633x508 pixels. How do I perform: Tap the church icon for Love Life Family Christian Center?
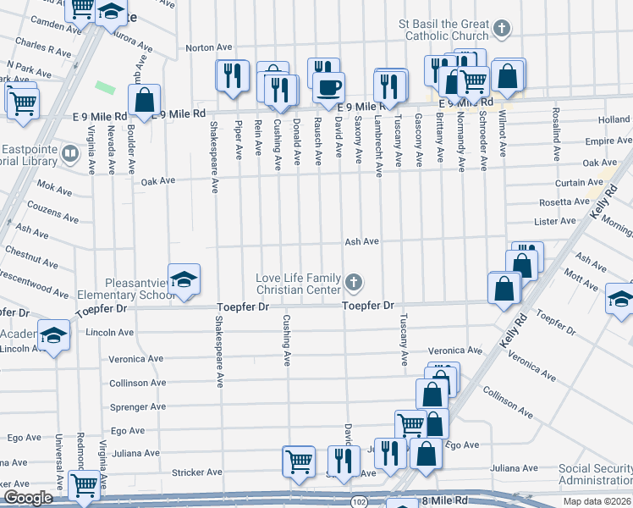(355, 281)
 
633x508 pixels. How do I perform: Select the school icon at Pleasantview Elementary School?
(183, 279)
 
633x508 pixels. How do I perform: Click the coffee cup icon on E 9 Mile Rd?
(328, 86)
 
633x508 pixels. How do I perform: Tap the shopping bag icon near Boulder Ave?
(145, 99)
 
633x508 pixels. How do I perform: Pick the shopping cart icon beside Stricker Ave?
(299, 461)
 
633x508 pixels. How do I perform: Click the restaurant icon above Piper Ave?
(231, 77)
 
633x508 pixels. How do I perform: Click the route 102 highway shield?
(361, 501)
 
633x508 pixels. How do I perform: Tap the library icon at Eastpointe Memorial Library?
(72, 153)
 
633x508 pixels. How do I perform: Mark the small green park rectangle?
(106, 87)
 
